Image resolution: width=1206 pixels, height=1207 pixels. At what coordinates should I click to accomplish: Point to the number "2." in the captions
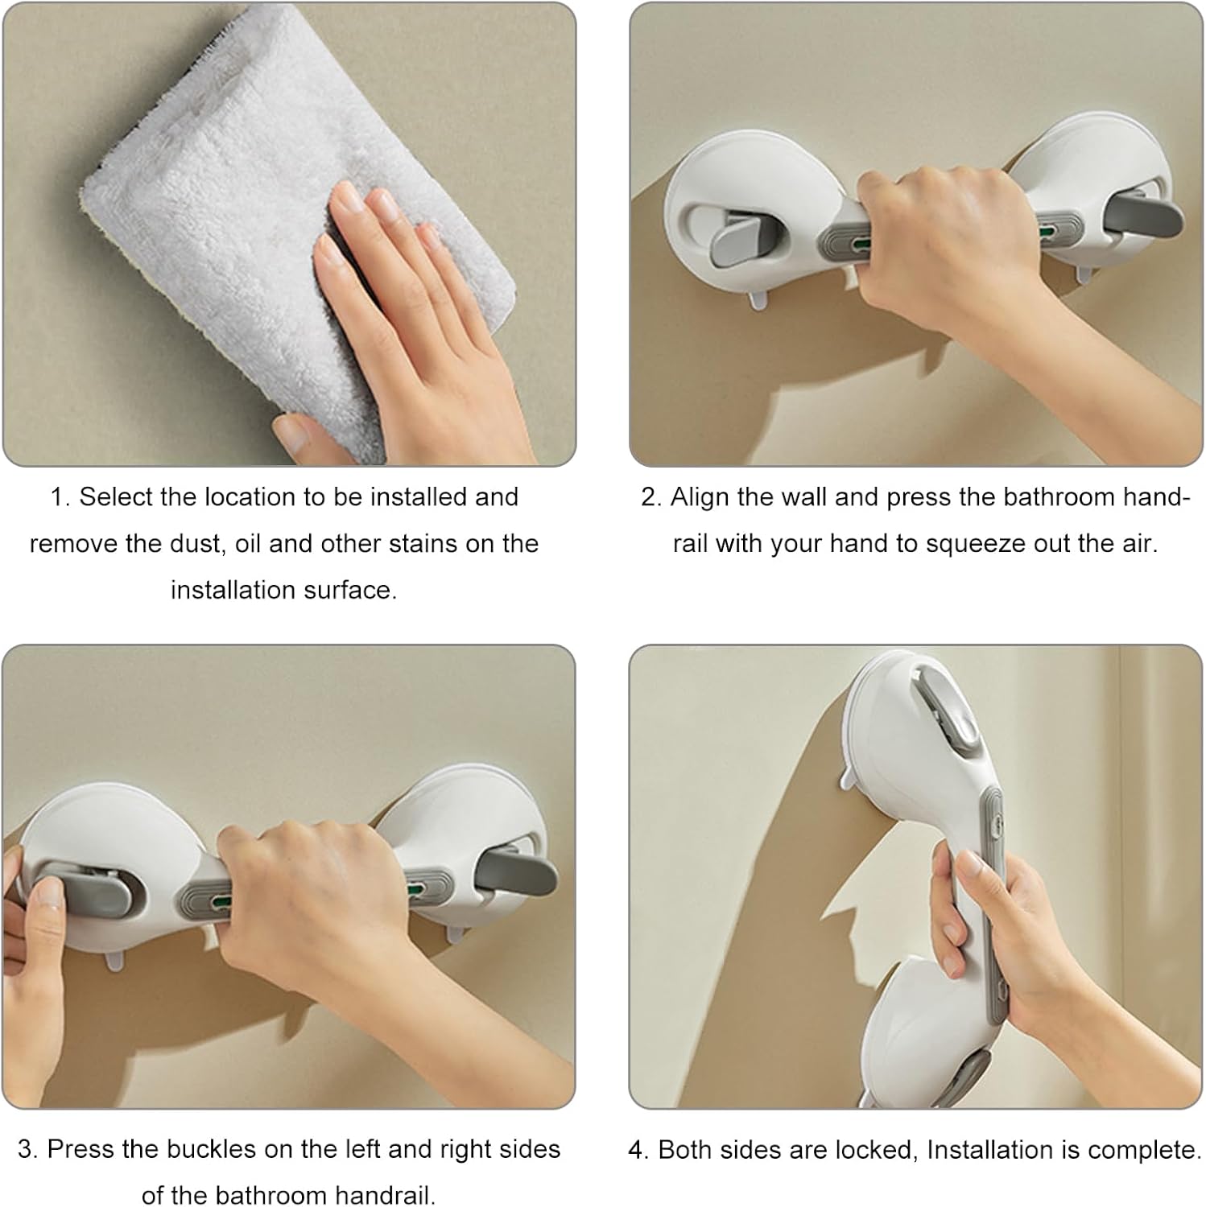(651, 497)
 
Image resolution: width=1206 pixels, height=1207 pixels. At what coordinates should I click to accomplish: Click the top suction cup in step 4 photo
(918, 724)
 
